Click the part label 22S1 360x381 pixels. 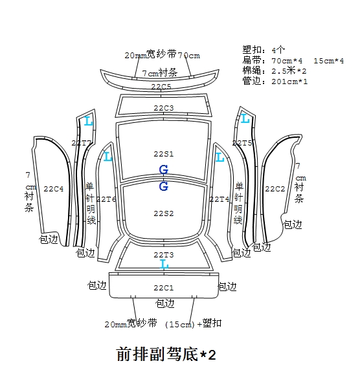(164, 154)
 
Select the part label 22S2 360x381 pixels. (164, 213)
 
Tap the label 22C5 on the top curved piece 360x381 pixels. (161, 87)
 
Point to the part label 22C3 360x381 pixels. (164, 108)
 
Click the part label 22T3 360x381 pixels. (164, 255)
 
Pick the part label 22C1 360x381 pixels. (164, 288)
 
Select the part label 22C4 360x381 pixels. (54, 189)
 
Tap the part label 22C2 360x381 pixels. (275, 189)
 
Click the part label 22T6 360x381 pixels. (106, 199)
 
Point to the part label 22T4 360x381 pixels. (219, 199)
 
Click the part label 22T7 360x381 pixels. (82, 143)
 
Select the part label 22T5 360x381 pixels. (242, 143)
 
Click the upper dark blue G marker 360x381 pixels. (164, 169)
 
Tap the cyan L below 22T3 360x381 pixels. (164, 264)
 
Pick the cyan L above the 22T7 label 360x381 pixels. (88, 121)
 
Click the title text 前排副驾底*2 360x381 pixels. (166, 354)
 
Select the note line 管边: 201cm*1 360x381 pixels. (275, 81)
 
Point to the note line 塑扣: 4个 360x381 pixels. (264, 50)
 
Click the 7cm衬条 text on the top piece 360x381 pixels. (159, 72)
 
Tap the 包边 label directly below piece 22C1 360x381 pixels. (164, 303)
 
